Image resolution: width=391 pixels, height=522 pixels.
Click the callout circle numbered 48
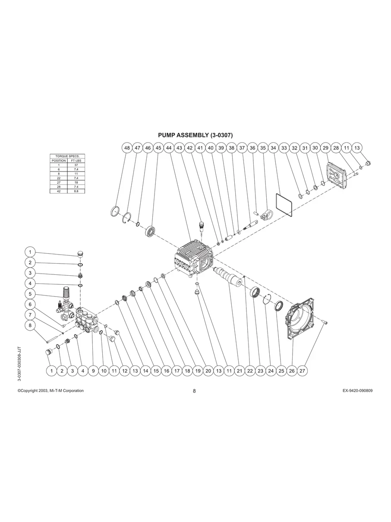click(x=127, y=148)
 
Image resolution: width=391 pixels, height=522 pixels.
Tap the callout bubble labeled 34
click(x=273, y=148)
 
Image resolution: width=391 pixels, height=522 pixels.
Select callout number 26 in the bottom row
click(x=292, y=371)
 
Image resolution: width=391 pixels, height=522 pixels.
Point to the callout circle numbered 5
click(x=30, y=294)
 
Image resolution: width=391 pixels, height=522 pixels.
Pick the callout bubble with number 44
click(x=169, y=148)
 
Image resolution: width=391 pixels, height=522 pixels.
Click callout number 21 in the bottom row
click(x=240, y=371)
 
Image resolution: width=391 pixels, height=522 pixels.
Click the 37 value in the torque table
click(x=76, y=165)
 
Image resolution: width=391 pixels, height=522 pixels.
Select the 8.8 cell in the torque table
click(x=76, y=191)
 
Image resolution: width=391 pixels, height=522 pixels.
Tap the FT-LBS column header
click(x=76, y=160)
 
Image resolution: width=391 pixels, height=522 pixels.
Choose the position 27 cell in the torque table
click(x=59, y=182)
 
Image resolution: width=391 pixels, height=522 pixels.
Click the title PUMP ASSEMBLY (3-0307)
click(x=195, y=135)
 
